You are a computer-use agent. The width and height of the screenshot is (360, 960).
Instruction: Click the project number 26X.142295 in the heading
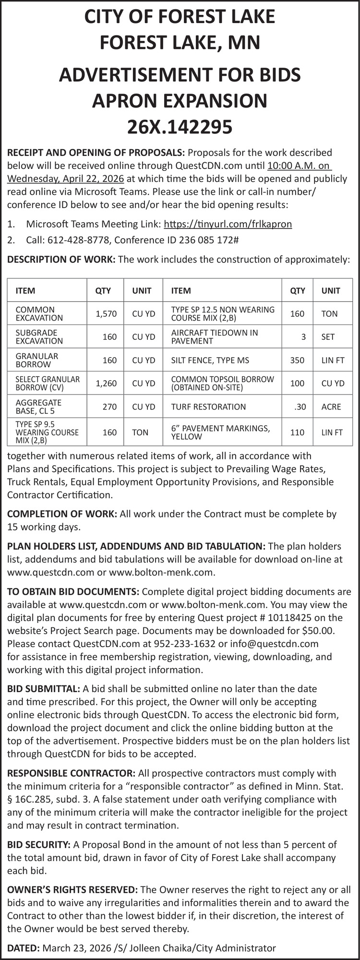point(180,127)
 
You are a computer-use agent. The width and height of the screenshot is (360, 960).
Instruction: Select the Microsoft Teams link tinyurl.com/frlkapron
point(228,224)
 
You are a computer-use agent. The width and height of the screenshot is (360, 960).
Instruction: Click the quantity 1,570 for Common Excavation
point(106,314)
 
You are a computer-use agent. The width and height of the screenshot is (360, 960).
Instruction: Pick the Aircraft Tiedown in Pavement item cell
point(214,336)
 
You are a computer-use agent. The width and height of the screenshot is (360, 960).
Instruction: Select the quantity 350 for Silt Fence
point(297,360)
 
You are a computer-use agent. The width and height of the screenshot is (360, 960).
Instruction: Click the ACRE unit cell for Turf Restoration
point(331,407)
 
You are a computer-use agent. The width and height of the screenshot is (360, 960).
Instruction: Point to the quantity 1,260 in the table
point(106,383)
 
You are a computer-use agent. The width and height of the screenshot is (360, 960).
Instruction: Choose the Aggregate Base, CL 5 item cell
point(39,407)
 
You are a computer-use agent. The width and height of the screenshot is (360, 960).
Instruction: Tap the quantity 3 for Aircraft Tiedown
point(303,337)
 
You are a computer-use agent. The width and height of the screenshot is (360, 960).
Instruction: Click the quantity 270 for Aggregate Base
point(109,407)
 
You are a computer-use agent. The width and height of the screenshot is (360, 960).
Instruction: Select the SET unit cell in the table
point(328,337)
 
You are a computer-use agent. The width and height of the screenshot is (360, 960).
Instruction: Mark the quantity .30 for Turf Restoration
point(300,407)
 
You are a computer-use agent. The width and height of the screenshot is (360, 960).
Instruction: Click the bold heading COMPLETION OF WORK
point(62,514)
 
